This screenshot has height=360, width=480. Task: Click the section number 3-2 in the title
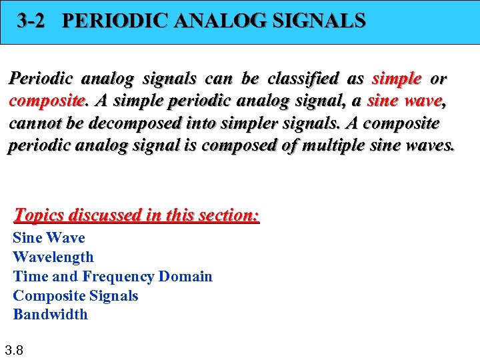point(31,21)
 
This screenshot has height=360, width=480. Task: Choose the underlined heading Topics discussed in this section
point(137,215)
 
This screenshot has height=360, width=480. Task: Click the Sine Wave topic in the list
point(49,238)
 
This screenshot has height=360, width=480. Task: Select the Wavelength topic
point(53,257)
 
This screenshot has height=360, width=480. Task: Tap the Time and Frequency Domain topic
point(113,277)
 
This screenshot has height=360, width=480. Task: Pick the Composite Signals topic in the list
point(75,295)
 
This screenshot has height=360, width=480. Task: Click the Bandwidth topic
point(51,315)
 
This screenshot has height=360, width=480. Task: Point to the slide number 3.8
point(14,349)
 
